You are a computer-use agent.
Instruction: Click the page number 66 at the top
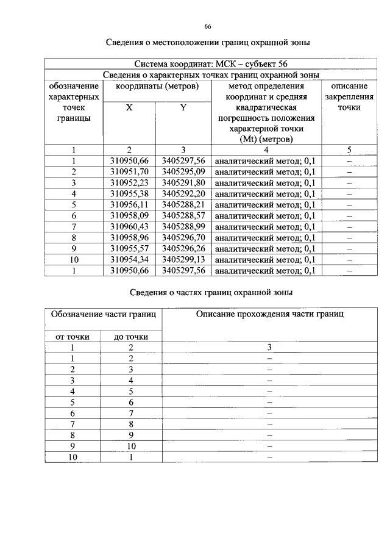207,27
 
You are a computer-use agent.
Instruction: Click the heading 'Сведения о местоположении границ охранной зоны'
207,43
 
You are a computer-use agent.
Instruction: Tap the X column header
129,107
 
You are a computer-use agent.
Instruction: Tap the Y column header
183,107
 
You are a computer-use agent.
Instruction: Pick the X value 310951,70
129,172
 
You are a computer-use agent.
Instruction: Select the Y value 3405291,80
183,183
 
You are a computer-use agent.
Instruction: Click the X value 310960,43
129,227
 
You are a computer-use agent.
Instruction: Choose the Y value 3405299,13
183,260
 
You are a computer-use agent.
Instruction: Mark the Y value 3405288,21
183,205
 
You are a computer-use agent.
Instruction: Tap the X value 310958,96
129,238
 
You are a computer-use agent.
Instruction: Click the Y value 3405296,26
183,249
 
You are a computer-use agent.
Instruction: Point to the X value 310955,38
129,194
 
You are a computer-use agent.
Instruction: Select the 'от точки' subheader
73,336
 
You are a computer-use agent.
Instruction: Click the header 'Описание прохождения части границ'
270,314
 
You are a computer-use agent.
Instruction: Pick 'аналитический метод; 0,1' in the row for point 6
265,216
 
